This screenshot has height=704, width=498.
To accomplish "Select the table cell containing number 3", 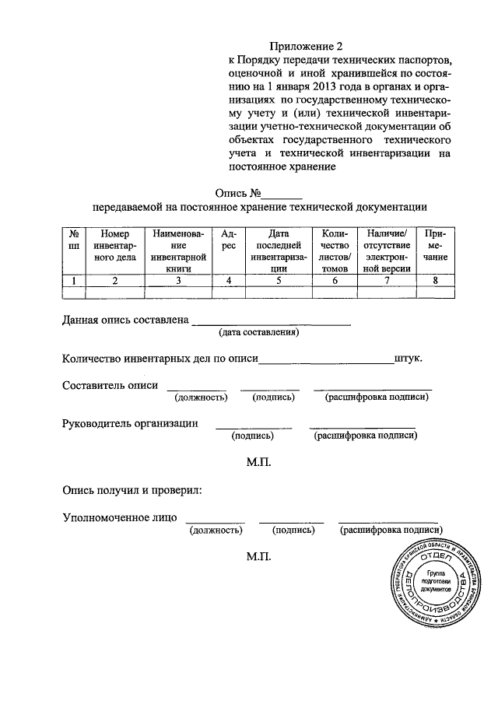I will point(178,281).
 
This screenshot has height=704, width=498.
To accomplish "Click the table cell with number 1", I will point(73,281).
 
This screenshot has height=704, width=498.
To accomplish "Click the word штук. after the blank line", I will point(409,359).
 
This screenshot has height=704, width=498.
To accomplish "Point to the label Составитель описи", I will point(110,385).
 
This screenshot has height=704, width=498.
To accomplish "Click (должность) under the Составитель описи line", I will point(200,398).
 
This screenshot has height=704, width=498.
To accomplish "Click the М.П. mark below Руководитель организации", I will point(258,462).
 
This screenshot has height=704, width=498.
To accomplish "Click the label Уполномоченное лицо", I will point(120,517).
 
